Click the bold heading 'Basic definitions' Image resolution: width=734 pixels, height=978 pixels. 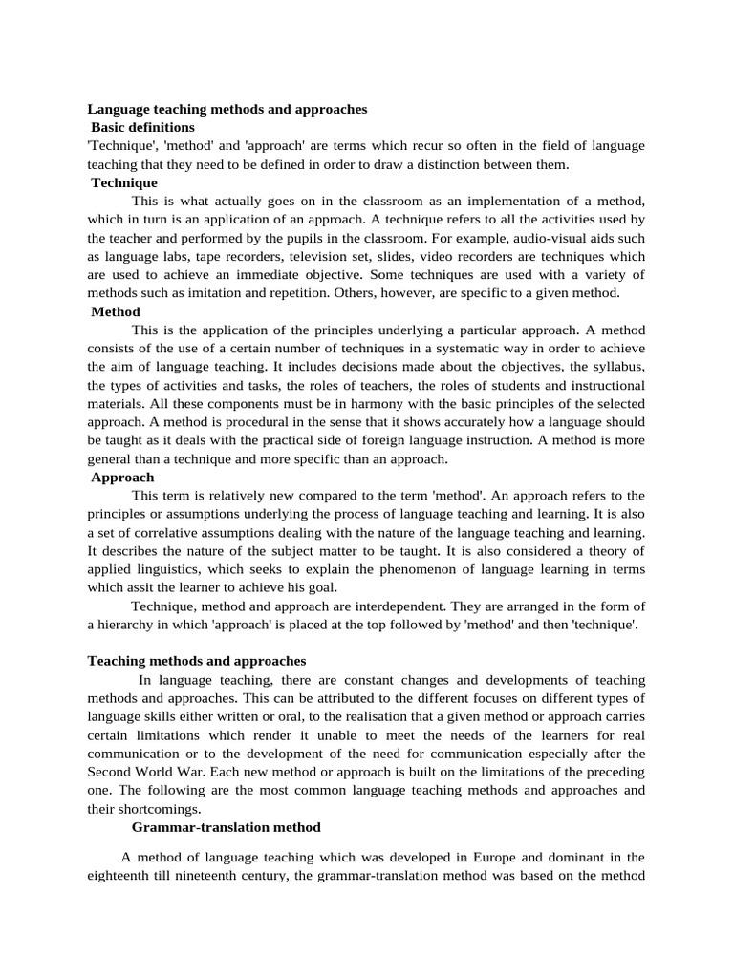[142, 127]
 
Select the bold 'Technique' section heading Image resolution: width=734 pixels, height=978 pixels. [124, 182]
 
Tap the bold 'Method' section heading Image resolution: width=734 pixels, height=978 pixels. [116, 311]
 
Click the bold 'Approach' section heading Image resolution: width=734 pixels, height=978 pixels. [122, 477]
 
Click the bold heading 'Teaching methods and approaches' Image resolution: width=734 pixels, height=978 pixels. [196, 660]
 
